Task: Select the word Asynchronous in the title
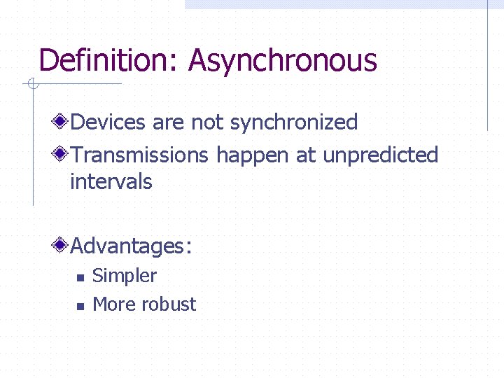(x=282, y=60)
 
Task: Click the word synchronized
(x=294, y=122)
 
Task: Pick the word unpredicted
(x=380, y=155)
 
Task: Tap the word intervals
(x=111, y=182)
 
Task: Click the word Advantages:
(x=131, y=246)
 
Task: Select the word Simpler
(x=125, y=276)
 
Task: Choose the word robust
(x=168, y=304)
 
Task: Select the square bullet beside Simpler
(x=80, y=277)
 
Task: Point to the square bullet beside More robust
(x=80, y=306)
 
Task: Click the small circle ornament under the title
(x=31, y=85)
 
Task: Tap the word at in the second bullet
(x=306, y=155)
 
